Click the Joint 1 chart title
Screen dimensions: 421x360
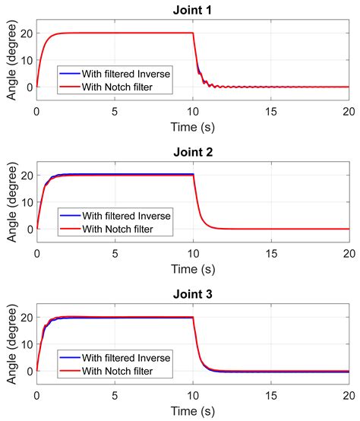192,10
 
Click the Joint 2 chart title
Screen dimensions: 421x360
192,152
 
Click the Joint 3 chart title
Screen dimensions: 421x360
192,293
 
